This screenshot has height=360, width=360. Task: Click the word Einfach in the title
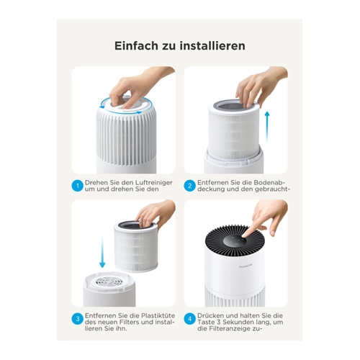pos(136,45)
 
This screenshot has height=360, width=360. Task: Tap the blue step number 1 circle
pos(78,186)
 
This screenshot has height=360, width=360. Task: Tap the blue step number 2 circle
pos(190,186)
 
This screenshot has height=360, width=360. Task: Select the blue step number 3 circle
pos(78,319)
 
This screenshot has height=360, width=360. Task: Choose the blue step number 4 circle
pos(190,319)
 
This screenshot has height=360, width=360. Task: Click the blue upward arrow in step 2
pos(267,127)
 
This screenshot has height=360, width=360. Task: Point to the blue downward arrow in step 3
pos(102,252)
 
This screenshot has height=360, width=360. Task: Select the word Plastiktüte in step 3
pos(158,315)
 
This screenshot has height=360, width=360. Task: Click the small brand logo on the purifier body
pos(245,266)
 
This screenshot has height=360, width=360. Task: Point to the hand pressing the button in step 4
pos(265,218)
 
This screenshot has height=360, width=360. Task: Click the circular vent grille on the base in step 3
pos(107,282)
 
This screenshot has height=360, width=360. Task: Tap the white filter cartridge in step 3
pos(136,247)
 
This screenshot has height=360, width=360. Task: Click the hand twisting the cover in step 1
pos(139,86)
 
